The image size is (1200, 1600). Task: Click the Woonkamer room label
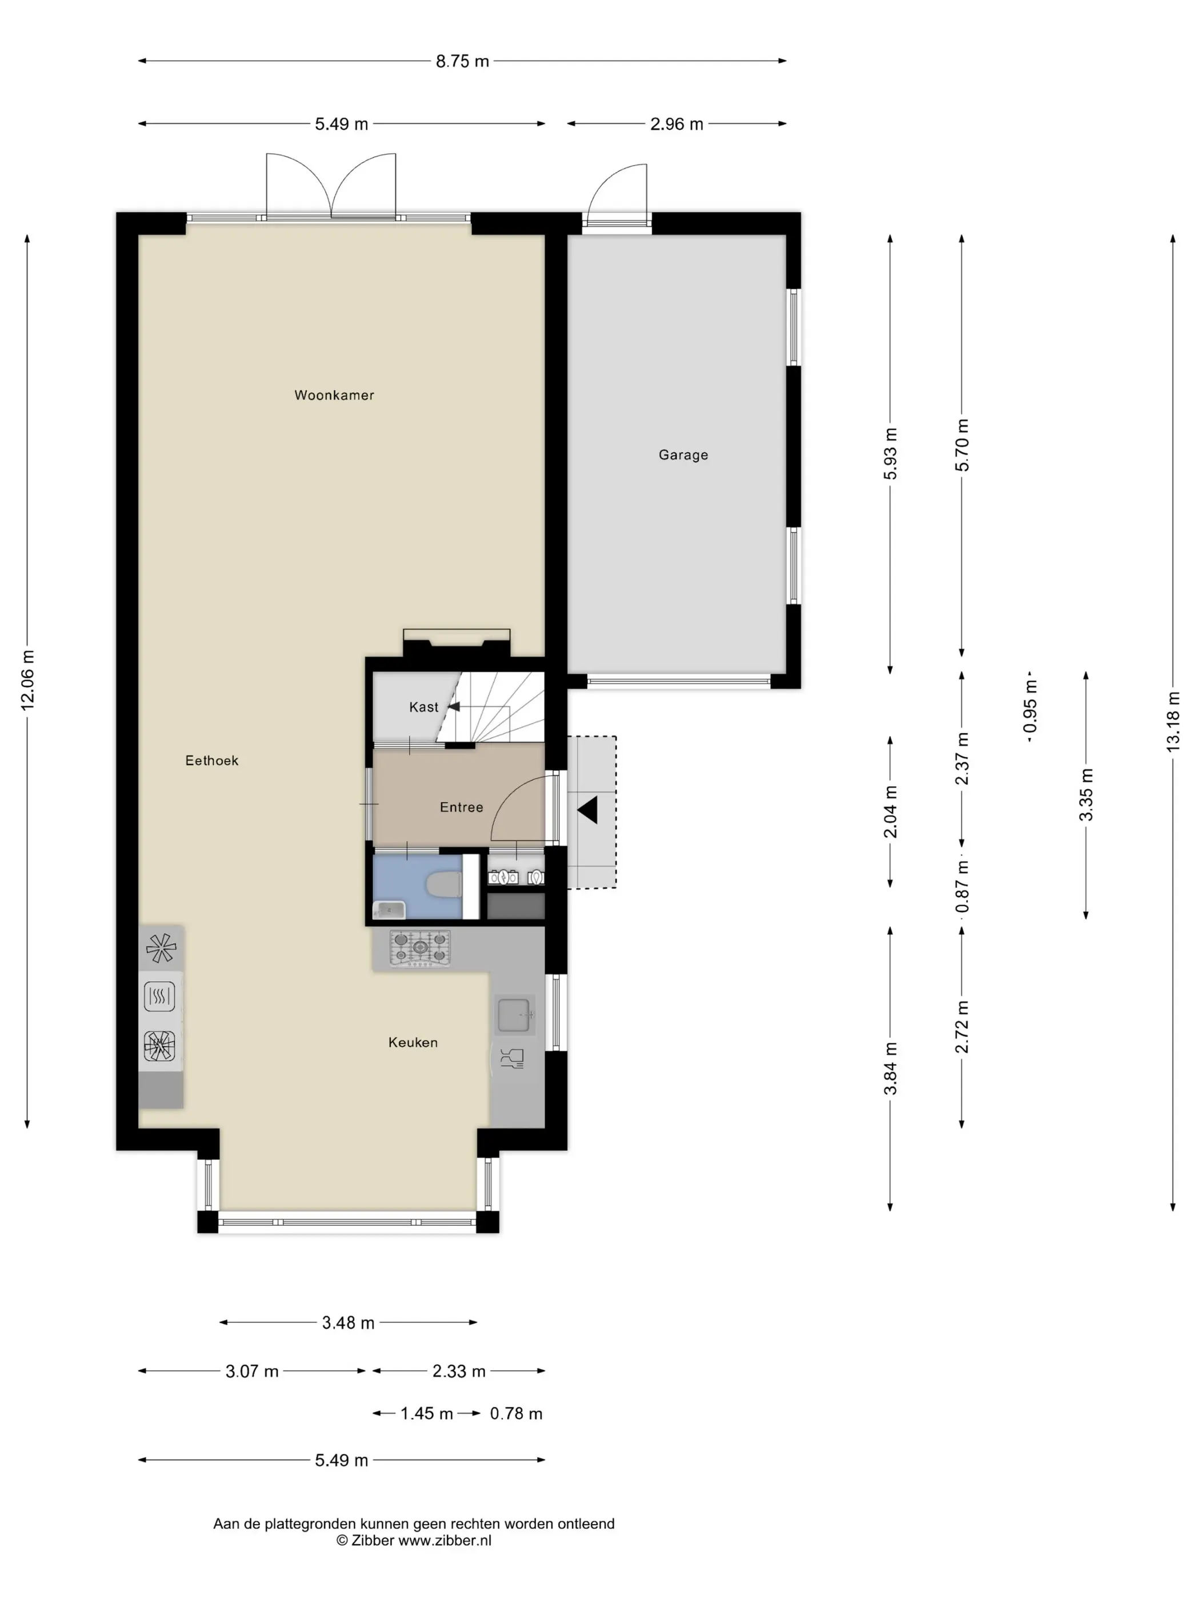pos(334,395)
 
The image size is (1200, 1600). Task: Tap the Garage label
pos(683,455)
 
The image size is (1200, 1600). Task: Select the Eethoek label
pos(212,760)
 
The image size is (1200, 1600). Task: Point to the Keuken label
pos(413,1042)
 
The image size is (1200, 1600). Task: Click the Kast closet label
pos(424,707)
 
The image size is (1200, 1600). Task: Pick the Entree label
pos(462,807)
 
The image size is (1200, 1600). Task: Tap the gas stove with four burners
pos(420,948)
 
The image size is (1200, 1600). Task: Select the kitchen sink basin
pos(514,1015)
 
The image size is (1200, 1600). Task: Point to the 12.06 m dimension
pos(27,680)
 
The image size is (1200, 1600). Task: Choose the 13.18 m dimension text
pos(1173,721)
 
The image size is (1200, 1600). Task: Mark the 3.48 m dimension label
pos(348,1323)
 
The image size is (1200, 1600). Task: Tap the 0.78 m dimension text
pos(516,1413)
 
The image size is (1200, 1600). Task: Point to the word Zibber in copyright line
pos(373,1541)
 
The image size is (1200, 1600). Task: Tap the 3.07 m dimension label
pos(252,1371)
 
